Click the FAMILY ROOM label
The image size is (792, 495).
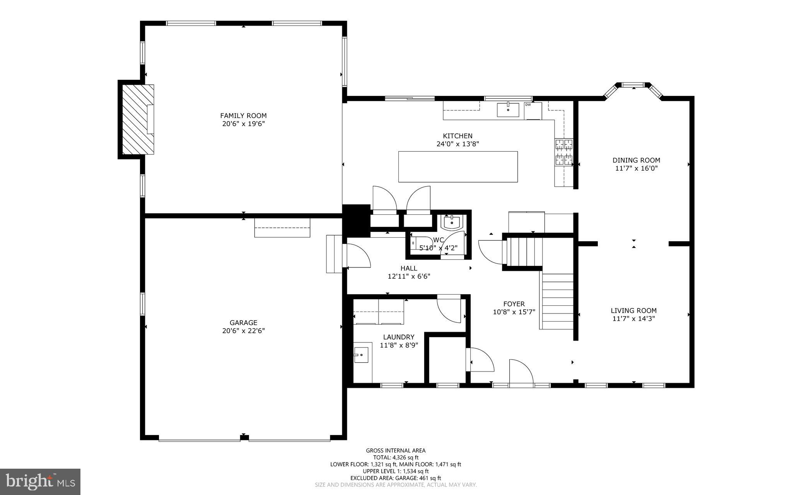[x=243, y=116]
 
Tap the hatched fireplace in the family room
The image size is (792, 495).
[x=138, y=120]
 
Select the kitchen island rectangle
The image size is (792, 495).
[x=458, y=166]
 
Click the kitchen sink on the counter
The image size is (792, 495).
[x=508, y=110]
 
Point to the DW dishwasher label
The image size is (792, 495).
[x=528, y=104]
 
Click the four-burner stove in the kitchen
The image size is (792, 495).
[x=564, y=152]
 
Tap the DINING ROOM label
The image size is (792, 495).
[x=636, y=160]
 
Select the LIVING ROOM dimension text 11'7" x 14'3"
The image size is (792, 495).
[x=633, y=319]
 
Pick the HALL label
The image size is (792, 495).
[x=409, y=268]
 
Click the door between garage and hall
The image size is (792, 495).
[x=358, y=255]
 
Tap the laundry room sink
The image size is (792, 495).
[x=361, y=355]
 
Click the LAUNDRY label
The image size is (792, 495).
[x=399, y=337]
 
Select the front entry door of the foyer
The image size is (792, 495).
[x=521, y=373]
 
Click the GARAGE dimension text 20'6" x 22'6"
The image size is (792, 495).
[x=243, y=331]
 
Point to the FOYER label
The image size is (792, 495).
[x=514, y=304]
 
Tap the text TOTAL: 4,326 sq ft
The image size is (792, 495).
[x=396, y=457]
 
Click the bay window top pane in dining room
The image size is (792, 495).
[x=633, y=84]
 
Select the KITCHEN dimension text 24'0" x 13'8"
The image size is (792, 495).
[x=457, y=144]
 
